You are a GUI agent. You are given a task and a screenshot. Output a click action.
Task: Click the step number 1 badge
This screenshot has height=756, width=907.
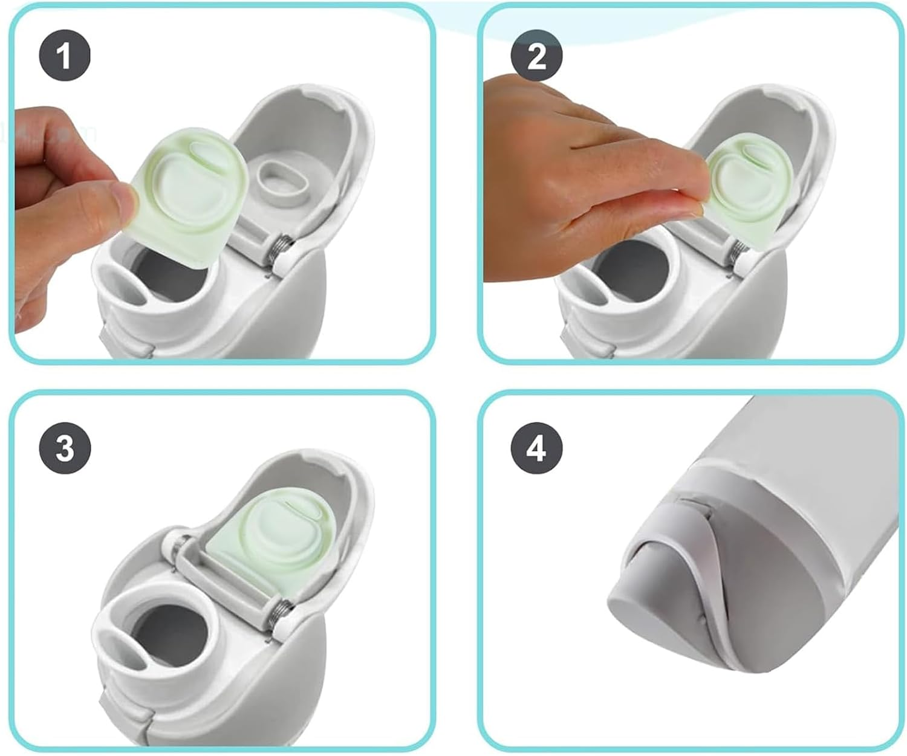(65, 55)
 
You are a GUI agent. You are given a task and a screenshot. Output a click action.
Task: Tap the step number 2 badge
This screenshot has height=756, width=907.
(536, 55)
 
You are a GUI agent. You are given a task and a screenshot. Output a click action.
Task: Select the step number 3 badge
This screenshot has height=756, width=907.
(65, 448)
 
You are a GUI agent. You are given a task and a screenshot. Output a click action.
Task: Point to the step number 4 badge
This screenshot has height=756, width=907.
(536, 448)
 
